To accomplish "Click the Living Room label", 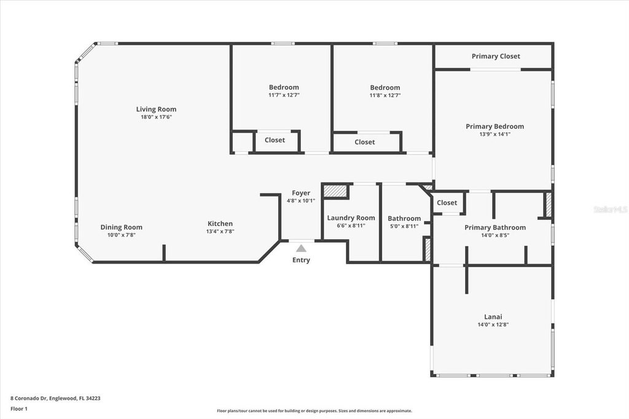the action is pos(156,109).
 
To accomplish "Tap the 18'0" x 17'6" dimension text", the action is pos(156,117).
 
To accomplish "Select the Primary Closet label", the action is pos(496,57).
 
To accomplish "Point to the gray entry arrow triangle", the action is pos(301,248).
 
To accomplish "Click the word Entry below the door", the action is pos(301,260).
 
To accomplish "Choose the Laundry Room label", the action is pos(351,218).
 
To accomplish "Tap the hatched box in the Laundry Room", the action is pos(335,190).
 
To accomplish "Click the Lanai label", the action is pos(493,316).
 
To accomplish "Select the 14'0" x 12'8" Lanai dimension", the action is pos(493,324).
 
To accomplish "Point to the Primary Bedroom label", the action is pos(494,127).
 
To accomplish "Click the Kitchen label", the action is pos(220,224).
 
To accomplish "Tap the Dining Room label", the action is pos(121,227).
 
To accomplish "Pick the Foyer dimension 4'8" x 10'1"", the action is pos(301,201).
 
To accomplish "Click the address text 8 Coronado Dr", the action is pos(29,399).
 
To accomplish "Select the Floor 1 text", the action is pos(19,409).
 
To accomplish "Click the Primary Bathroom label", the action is pos(495,227).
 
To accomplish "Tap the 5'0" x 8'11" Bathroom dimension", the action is pos(404,226).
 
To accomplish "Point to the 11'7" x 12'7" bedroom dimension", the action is pos(284,95).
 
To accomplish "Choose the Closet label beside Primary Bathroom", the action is pos(447,203).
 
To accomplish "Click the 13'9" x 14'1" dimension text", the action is pos(494,135).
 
